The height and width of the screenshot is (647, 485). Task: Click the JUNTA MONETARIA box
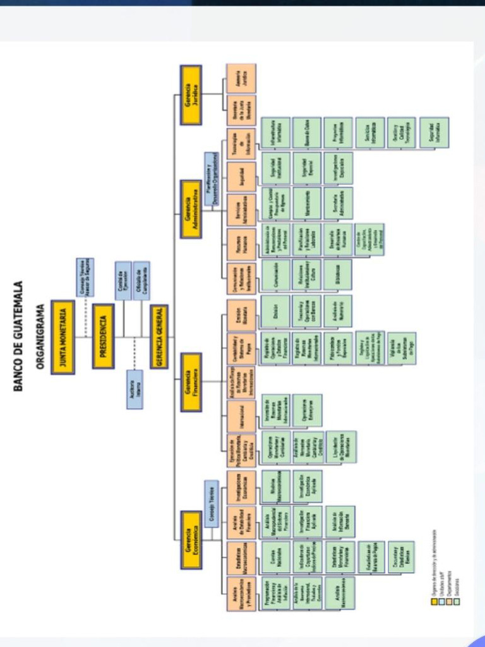tap(63, 337)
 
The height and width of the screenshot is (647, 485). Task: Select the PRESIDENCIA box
tap(103, 336)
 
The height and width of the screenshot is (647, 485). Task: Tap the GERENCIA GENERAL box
tap(159, 336)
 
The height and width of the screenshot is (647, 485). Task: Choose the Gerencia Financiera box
tap(191, 382)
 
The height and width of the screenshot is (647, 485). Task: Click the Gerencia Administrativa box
tap(191, 209)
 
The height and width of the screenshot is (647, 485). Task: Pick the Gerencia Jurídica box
tap(191, 94)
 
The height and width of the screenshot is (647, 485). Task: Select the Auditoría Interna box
tap(134, 389)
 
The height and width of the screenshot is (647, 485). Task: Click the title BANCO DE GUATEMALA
tap(19, 336)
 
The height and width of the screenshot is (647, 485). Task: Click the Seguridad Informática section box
tap(434, 132)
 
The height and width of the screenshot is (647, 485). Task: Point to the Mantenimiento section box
tap(306, 203)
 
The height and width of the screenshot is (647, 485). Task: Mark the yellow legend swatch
tap(434, 602)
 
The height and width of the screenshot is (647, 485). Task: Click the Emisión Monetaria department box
tap(241, 315)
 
